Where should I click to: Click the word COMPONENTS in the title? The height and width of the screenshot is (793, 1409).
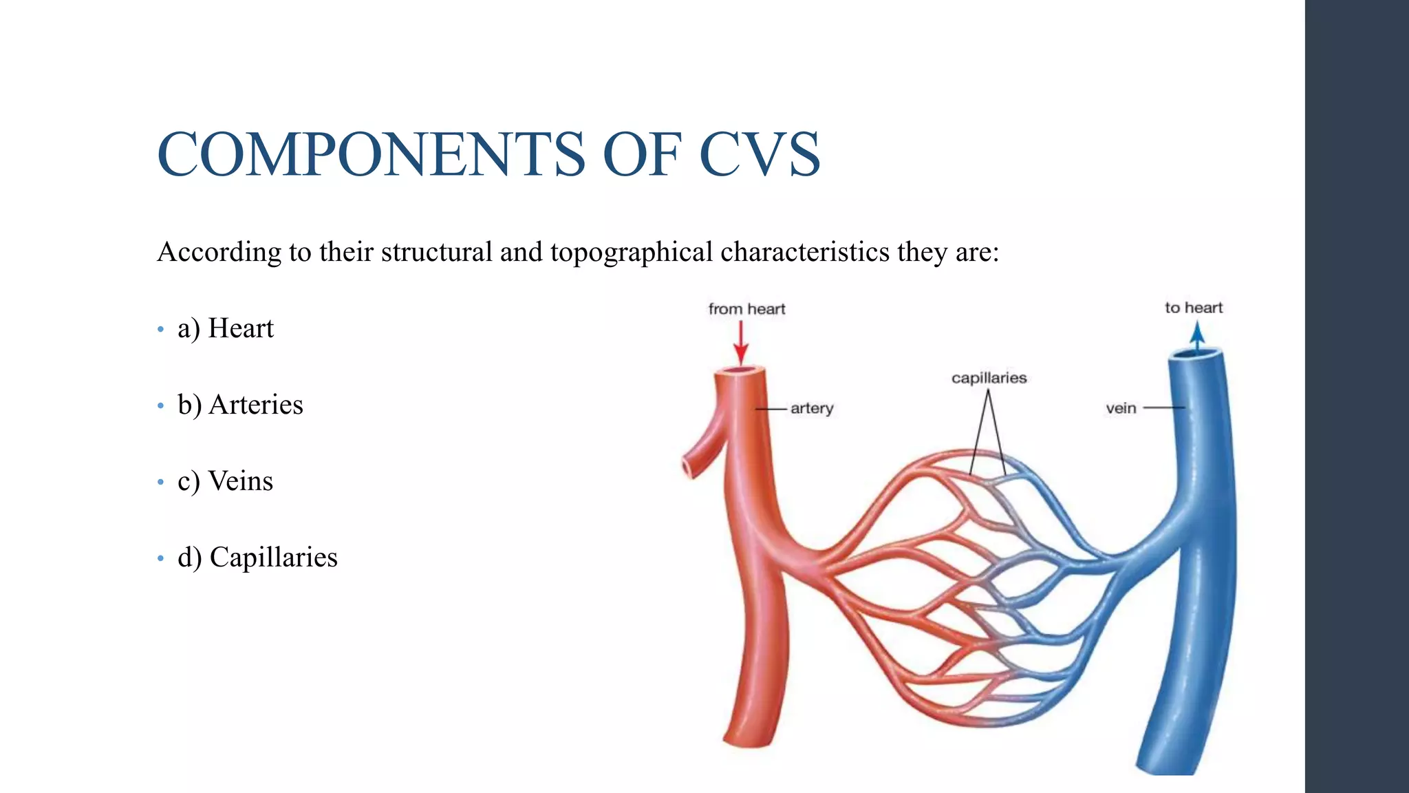[x=372, y=154]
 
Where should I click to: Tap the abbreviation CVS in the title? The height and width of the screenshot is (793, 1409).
[x=760, y=154]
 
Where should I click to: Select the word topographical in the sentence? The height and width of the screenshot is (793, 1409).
[x=631, y=253]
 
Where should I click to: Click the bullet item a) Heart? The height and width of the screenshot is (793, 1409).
[x=226, y=328]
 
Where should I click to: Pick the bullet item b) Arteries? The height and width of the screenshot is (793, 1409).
[x=240, y=405]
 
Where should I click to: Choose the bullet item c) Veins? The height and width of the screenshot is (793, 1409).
[x=225, y=481]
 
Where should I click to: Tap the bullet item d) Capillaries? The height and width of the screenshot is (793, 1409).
[x=257, y=558]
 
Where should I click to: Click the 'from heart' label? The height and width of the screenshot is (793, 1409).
[x=746, y=309]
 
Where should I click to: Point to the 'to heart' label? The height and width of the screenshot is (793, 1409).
[x=1194, y=308]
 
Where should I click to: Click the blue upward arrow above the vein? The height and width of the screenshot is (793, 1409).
[x=1197, y=337]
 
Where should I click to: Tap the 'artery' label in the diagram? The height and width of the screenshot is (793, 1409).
[x=812, y=408]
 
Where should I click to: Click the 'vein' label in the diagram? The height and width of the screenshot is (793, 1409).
[x=1121, y=408]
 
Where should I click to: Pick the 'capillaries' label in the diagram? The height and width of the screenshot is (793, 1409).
[x=989, y=378]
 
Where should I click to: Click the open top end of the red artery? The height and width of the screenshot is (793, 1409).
[x=740, y=371]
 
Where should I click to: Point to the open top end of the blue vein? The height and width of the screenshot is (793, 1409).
[x=1196, y=355]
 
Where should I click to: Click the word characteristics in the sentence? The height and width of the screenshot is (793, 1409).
[x=805, y=253]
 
